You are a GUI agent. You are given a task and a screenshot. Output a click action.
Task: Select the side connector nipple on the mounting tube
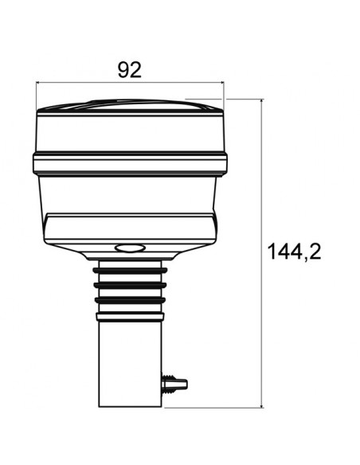(x=177, y=384)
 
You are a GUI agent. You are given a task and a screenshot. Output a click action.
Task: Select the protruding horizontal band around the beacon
(x=129, y=164)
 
